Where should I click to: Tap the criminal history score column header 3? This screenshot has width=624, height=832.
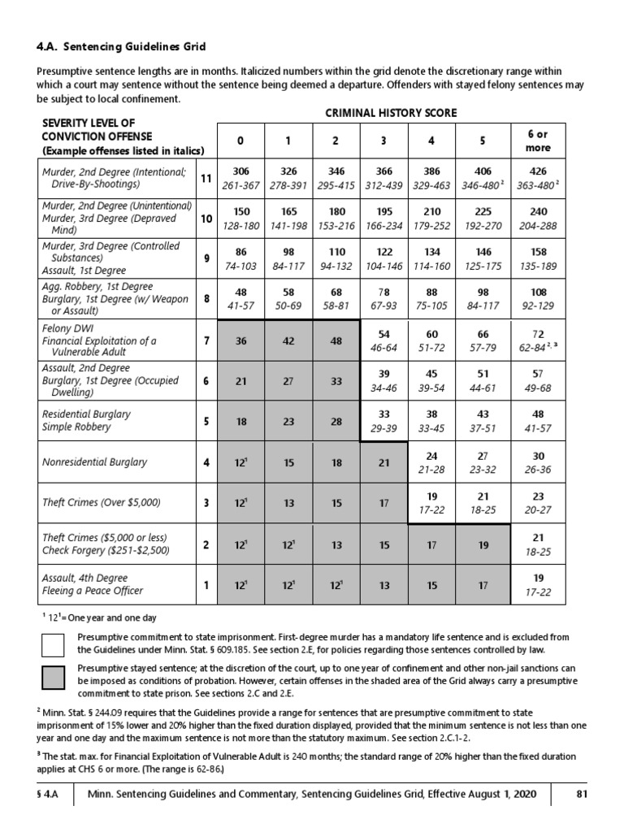tap(384, 141)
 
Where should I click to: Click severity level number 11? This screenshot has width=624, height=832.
tap(206, 178)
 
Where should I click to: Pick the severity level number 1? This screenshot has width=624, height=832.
tap(206, 584)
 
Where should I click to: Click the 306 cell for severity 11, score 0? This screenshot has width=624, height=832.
tap(240, 171)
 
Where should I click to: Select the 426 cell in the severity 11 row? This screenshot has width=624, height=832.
tap(538, 171)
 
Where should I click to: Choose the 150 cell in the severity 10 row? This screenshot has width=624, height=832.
tap(240, 211)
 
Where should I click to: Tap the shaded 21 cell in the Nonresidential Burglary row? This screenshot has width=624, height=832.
tap(384, 462)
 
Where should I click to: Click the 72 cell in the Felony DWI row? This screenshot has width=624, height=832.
tap(537, 335)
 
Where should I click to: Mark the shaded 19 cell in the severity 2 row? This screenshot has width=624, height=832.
tap(483, 544)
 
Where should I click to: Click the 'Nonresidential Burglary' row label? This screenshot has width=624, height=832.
tap(95, 462)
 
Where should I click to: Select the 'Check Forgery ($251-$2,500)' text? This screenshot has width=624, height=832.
tap(107, 550)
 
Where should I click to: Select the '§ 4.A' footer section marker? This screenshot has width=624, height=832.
tap(50, 795)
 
